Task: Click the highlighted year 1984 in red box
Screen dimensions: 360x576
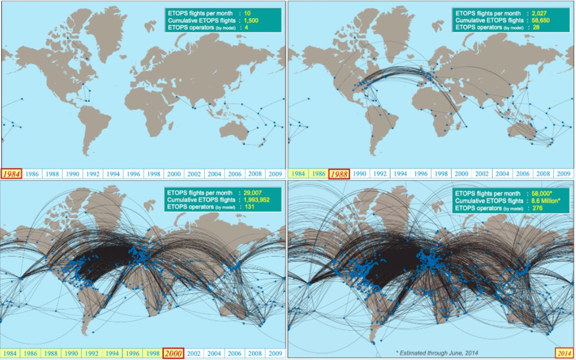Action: [10, 173]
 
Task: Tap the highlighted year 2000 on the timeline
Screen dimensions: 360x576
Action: [174, 353]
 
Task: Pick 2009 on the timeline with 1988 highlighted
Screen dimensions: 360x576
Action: [563, 173]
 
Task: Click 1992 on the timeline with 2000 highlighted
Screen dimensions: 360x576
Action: [92, 353]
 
